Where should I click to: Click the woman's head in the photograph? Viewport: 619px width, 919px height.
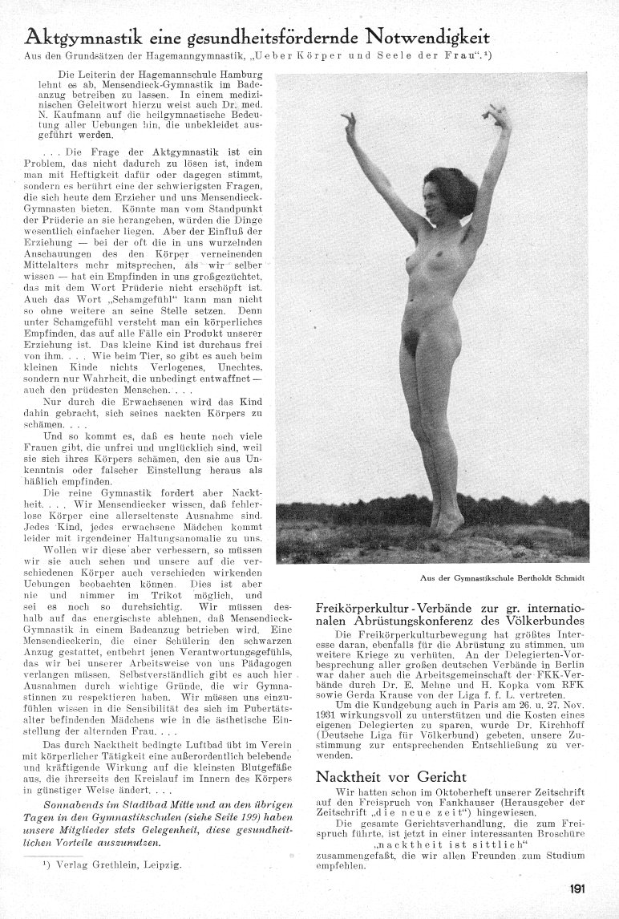pos(428,196)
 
